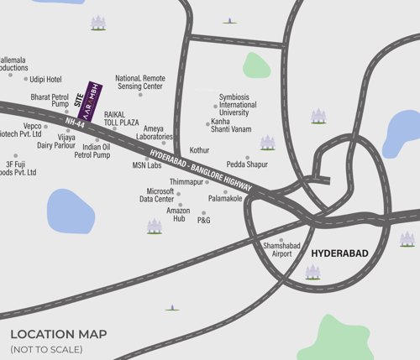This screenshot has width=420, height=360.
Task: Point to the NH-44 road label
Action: (74, 124)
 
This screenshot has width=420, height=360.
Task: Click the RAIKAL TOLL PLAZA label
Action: (121, 117)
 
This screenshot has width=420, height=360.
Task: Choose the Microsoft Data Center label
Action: (157, 195)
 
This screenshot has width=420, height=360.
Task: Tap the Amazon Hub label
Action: (178, 214)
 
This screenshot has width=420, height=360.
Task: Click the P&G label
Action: (204, 221)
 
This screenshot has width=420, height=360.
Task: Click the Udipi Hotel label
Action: (46, 79)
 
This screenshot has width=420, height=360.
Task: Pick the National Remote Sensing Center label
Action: (140, 81)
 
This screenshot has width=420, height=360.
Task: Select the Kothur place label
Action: (199, 150)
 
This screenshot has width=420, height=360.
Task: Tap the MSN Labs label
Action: (146, 165)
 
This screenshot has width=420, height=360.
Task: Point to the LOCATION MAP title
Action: (58, 334)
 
